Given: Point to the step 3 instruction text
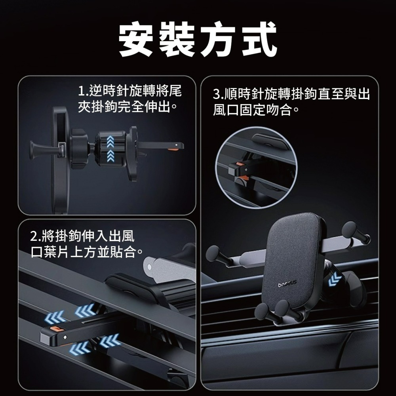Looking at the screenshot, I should coord(291,101).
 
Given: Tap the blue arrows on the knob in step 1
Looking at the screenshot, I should coord(109,148).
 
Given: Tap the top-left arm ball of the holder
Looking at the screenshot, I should coord(214,252).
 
